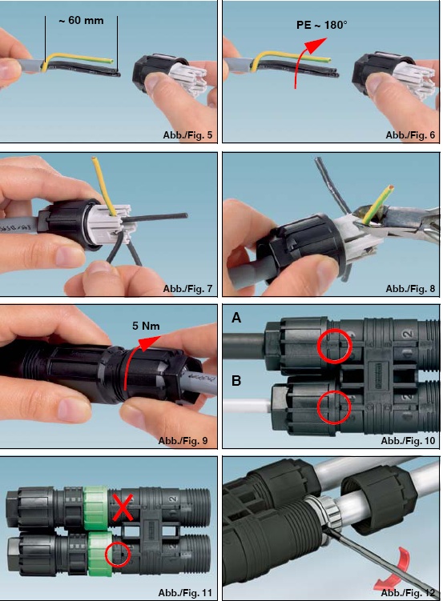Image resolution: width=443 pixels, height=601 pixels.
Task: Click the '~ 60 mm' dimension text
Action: (81, 20)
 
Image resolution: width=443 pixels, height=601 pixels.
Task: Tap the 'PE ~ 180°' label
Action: (322, 25)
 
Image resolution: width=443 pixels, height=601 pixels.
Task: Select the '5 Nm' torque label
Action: (146, 326)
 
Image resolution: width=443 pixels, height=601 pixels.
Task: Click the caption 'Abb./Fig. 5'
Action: (187, 135)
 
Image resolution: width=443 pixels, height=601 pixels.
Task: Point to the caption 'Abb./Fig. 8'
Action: (410, 288)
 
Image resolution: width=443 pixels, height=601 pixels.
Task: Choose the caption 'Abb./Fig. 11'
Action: (185, 592)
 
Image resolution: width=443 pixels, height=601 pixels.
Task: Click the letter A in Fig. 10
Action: (236, 318)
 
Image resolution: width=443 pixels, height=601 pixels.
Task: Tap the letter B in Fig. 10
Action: (236, 381)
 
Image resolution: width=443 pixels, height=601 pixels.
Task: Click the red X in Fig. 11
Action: (123, 507)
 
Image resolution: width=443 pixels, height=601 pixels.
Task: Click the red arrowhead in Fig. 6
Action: (316, 44)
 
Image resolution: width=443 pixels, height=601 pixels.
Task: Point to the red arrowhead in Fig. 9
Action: (149, 343)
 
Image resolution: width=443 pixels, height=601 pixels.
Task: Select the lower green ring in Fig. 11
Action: (99, 553)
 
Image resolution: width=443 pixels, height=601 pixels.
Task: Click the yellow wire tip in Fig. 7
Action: (93, 158)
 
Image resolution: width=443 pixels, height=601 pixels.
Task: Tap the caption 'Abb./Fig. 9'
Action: (183, 440)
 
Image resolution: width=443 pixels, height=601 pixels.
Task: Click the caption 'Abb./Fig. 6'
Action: (410, 135)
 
